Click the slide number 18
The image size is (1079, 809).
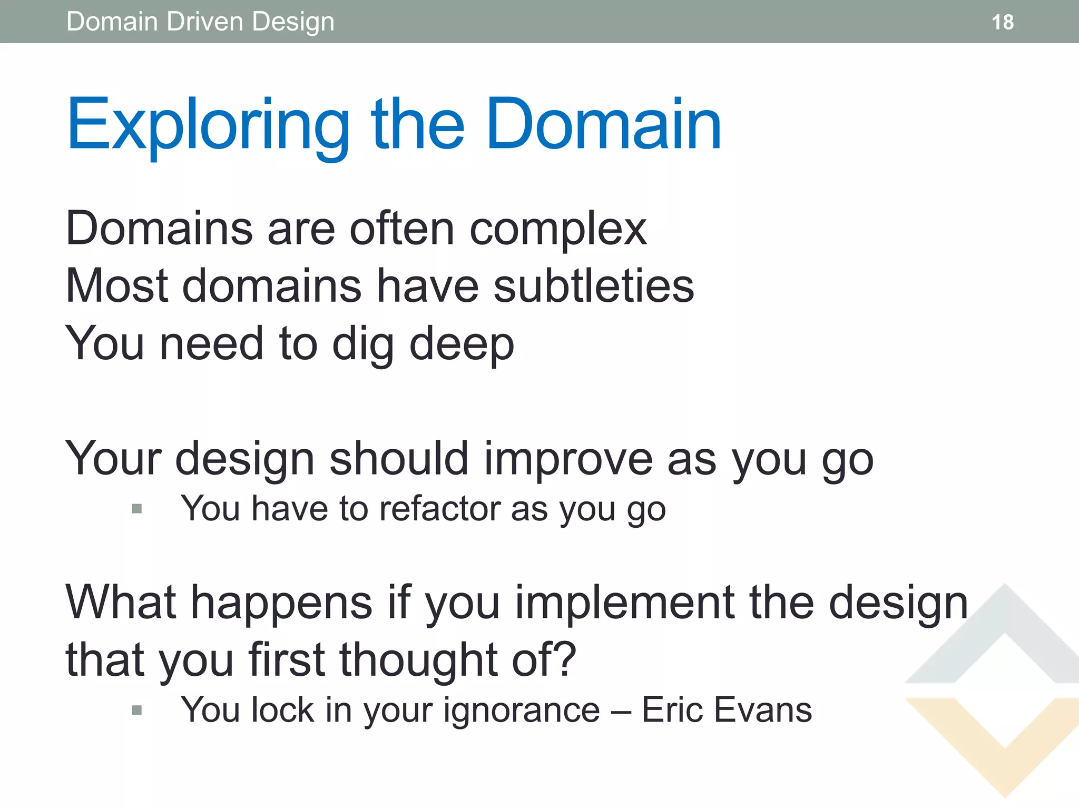1002,22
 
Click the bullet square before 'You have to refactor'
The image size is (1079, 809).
137,509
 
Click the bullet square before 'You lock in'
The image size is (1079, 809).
137,711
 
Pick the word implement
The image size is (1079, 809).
625,603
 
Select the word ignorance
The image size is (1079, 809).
522,711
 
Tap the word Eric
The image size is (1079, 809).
672,710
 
